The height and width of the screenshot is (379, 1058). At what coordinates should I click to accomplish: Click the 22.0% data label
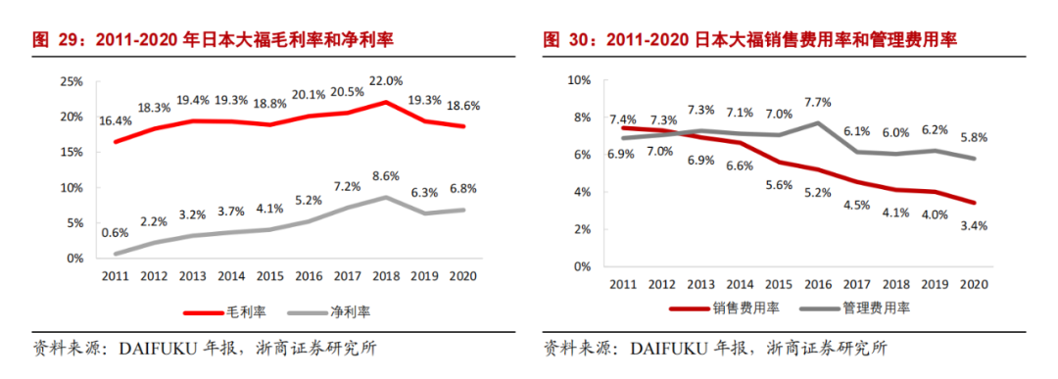point(386,81)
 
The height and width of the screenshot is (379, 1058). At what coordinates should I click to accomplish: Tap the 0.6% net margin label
point(114,233)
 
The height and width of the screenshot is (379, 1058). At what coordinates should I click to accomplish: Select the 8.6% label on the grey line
point(386,175)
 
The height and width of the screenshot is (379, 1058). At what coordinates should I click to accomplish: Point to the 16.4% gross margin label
point(116,121)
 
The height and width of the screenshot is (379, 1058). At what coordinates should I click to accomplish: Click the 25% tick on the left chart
point(71,81)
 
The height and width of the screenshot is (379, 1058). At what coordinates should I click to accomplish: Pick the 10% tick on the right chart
point(579,80)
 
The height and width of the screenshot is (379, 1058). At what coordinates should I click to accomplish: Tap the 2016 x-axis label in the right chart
point(817,285)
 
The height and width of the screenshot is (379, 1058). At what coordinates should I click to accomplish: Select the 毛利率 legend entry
point(225,311)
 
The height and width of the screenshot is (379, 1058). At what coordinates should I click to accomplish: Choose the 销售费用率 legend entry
point(726,308)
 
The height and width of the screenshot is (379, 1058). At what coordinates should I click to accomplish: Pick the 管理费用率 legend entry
point(855,308)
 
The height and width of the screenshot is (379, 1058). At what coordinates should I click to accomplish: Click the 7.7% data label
point(817,102)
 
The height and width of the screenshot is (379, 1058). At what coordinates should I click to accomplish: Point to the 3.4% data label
point(974,226)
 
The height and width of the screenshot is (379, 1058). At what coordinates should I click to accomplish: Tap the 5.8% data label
point(974,137)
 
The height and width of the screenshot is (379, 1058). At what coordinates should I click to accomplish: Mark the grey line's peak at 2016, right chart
point(818,122)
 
